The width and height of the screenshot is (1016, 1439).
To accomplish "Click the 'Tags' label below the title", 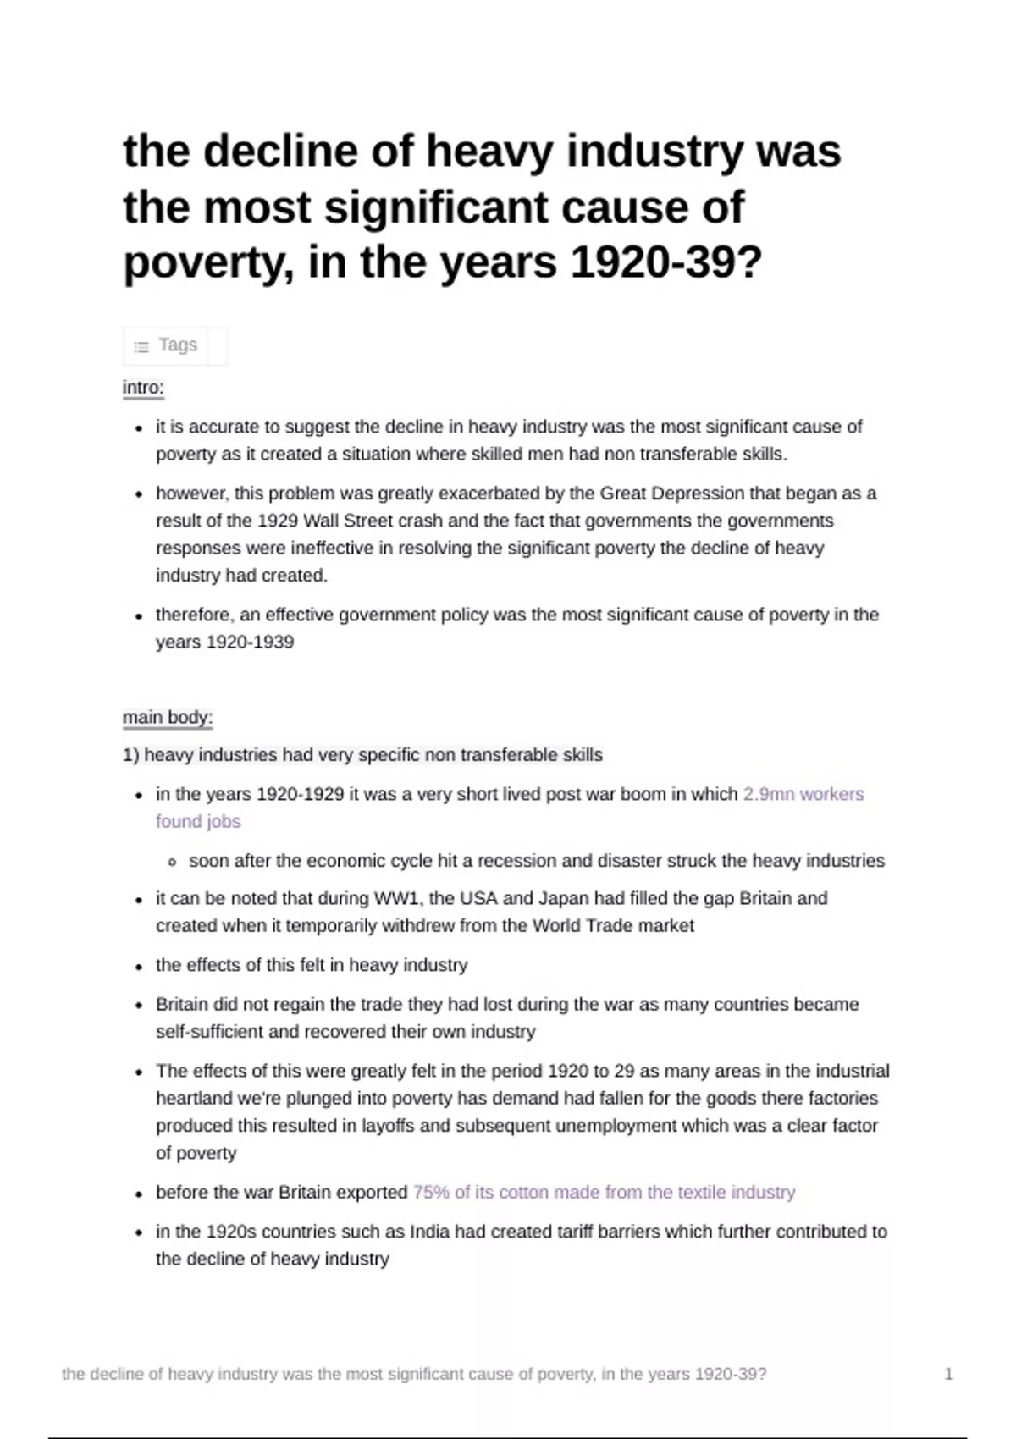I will (178, 345).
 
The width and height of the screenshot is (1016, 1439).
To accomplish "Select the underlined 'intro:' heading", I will (143, 388).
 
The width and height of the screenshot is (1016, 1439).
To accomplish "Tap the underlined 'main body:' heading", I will (167, 718).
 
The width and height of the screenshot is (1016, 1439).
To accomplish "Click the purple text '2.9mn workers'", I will (803, 794).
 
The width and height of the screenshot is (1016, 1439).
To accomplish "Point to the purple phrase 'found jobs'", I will (198, 821).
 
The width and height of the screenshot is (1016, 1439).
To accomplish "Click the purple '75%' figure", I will (431, 1192).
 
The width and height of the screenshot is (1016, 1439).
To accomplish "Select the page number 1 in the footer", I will (948, 1374).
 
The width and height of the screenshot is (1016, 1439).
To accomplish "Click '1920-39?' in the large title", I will (666, 262).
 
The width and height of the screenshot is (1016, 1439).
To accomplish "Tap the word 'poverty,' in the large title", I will (207, 262).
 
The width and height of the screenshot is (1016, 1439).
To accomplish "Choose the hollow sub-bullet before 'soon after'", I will (173, 862).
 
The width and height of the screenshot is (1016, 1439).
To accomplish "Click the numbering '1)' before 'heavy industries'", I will (130, 755).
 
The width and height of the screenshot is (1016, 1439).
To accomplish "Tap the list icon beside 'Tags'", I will (141, 346).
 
